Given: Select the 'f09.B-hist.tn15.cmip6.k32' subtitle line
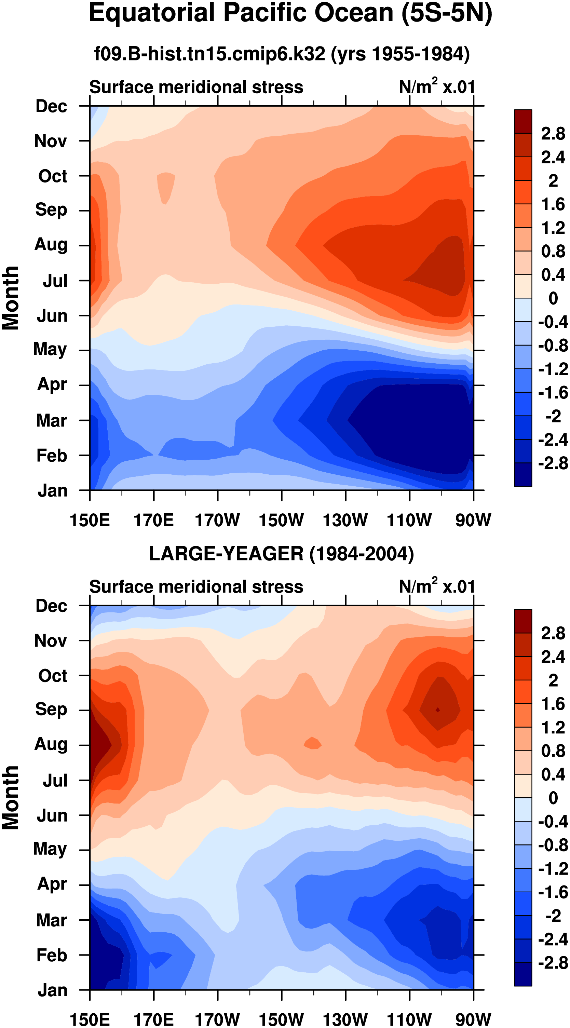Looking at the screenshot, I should [209, 53].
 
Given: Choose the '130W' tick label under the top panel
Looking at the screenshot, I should [345, 520].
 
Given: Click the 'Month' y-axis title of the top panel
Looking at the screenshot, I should [10, 298].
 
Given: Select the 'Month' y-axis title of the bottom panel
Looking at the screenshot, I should [10, 797].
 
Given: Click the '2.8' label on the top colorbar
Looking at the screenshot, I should [553, 133].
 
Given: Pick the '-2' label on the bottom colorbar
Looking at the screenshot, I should [553, 916].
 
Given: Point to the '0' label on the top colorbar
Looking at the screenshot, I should [553, 298].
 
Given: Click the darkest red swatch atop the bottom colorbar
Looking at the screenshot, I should [523, 621].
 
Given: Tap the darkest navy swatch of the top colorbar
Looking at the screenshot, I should [523, 474].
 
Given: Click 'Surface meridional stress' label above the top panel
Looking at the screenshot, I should [196, 87].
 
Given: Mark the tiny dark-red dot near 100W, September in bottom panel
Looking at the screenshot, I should [438, 709].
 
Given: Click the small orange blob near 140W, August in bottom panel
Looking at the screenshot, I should [313, 743].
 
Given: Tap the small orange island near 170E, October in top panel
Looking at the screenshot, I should [166, 187].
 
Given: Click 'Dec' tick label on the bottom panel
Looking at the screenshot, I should [51, 606].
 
